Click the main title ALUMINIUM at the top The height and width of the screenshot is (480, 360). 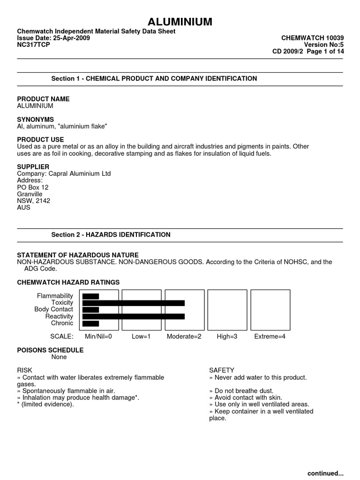point(180,22)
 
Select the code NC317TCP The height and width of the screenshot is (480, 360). point(33,45)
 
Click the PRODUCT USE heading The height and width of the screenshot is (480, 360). point(40,140)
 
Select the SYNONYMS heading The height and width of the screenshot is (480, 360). point(35,120)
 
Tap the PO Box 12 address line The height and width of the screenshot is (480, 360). point(33,187)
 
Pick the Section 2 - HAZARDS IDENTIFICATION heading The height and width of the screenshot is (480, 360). point(111,234)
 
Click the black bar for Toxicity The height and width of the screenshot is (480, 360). point(133,303)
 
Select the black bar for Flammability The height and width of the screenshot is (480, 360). point(90,296)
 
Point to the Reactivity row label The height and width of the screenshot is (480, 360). point(59,316)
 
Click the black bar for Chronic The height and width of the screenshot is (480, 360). point(90,323)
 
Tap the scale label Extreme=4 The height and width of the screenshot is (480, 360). point(270,337)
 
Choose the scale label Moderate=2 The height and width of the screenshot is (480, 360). point(183,337)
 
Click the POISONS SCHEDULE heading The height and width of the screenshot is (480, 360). point(50,350)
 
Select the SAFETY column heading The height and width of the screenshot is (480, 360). point(222,370)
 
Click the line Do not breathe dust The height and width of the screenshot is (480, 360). point(241,391)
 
